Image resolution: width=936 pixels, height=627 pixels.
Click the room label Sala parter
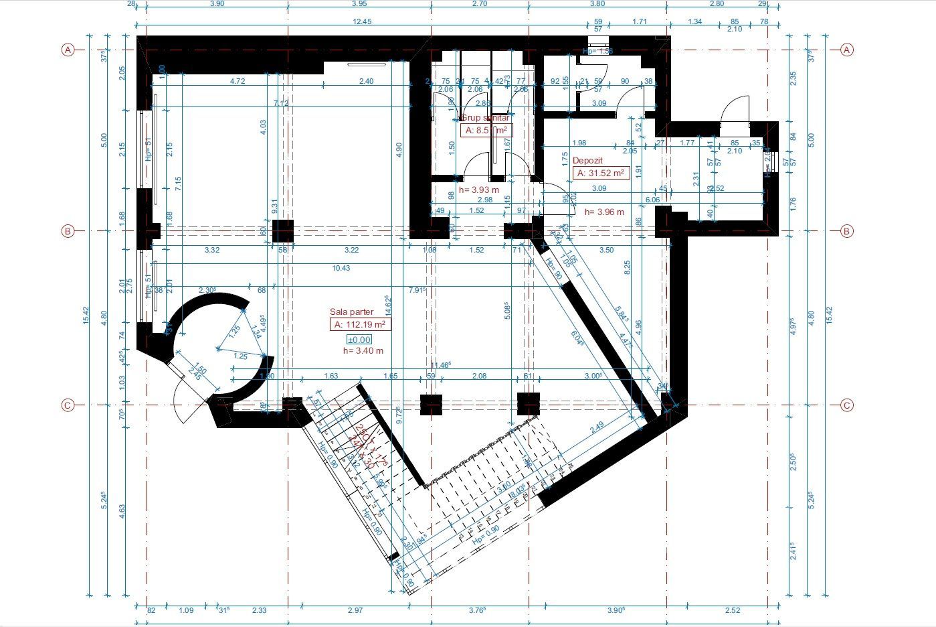pos(351,312)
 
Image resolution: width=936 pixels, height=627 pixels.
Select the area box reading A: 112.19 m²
pos(361,325)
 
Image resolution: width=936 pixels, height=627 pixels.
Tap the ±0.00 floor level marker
pos(359,340)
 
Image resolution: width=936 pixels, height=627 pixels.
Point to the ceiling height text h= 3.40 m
pos(363,350)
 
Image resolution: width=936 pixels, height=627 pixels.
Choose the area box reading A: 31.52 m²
pos(601,173)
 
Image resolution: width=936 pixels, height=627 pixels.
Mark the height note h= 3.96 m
pos(604,212)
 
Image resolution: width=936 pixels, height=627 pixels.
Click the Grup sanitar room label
pos(485,118)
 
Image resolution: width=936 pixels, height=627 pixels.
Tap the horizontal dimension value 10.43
pos(341,268)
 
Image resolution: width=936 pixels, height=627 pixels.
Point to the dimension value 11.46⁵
pos(440,365)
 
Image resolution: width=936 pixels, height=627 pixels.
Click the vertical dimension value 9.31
pos(274,206)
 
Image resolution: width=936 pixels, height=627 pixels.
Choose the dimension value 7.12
pos(281,103)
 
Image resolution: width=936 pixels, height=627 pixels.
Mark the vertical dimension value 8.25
pos(627,268)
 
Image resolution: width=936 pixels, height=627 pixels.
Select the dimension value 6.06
pos(652,200)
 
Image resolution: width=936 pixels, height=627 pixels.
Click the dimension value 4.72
pos(238,81)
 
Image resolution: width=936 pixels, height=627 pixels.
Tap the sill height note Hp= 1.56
pos(597,51)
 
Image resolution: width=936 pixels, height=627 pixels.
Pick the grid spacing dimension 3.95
pos(359,3)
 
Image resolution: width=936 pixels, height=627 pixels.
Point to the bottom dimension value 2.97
pos(355,610)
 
